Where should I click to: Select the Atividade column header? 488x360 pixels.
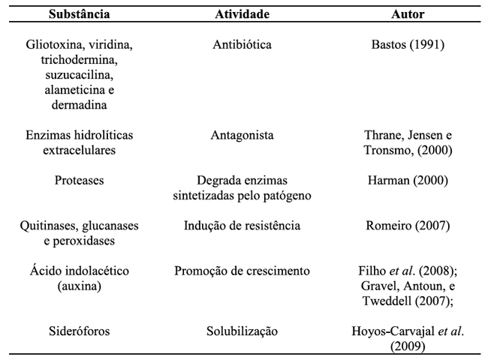[x=242, y=14]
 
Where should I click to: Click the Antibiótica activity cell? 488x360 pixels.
[x=242, y=45]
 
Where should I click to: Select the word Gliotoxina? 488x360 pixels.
[x=54, y=45]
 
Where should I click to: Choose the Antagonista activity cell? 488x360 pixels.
[x=242, y=136]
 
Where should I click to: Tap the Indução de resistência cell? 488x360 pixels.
[x=242, y=226]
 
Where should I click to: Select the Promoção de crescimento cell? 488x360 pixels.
[x=242, y=271]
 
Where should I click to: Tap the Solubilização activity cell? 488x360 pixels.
[x=242, y=331]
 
